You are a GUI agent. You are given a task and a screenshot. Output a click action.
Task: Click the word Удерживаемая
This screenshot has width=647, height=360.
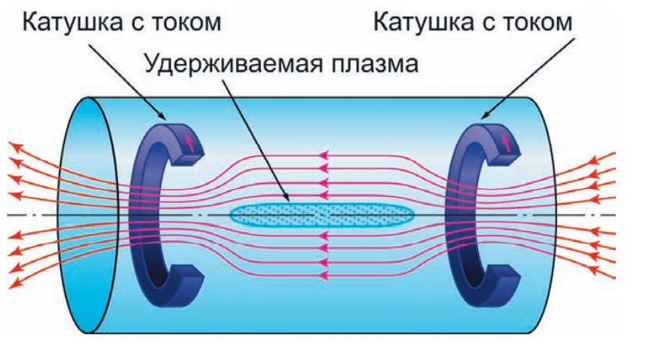(227, 63)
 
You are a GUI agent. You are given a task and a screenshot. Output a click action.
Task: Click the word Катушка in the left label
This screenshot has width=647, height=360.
(75, 21)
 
